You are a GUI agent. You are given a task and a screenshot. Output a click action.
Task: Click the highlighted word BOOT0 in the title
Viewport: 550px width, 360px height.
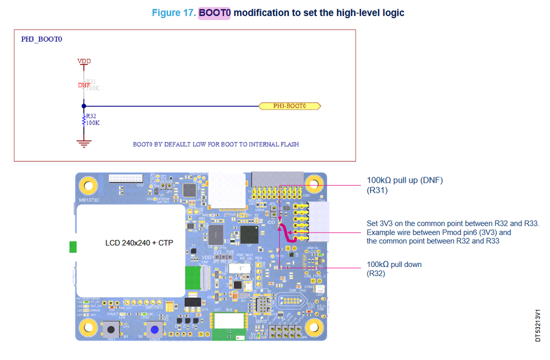pyautogui.click(x=215, y=12)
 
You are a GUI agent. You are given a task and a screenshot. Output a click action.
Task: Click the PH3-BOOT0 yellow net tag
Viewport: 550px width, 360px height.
pyautogui.click(x=290, y=106)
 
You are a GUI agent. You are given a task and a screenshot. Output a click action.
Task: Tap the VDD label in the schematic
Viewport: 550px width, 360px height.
pyautogui.click(x=83, y=61)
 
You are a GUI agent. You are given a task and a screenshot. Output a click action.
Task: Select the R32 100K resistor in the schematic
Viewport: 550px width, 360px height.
pyautogui.click(x=84, y=119)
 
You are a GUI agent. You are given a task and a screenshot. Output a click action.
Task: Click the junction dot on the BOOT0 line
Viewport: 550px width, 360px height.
pyautogui.click(x=83, y=106)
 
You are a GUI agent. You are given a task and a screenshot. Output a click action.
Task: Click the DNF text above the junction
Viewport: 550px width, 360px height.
pyautogui.click(x=84, y=85)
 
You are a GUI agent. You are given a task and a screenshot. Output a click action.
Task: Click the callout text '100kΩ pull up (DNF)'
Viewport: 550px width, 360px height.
pyautogui.click(x=405, y=180)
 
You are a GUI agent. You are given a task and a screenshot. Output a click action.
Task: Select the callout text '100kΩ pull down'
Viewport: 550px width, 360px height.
pyautogui.click(x=394, y=264)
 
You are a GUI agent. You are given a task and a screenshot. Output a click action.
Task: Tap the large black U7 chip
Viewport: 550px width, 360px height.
pyautogui.click(x=252, y=234)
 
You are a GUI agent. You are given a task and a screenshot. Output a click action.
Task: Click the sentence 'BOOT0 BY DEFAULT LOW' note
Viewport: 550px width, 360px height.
pyautogui.click(x=216, y=144)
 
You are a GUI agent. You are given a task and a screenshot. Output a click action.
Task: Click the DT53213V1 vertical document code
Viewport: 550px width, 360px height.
pyautogui.click(x=538, y=325)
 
